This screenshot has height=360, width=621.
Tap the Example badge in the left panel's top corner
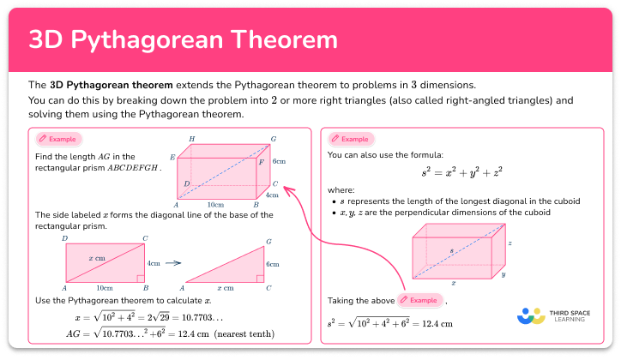pos(58,139)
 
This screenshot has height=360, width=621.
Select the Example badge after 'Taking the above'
pos(420,300)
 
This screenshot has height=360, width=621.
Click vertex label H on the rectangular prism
pos(192,139)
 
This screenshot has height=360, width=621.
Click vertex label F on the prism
pos(262,161)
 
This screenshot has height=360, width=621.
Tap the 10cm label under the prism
pos(215,206)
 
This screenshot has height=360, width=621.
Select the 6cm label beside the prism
pos(279,160)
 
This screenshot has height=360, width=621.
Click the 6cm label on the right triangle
pos(273,264)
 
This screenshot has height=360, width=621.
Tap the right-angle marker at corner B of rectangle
pos(140,279)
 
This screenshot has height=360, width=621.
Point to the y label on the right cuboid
pos(503,274)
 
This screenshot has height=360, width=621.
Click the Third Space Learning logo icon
pos(531,315)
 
